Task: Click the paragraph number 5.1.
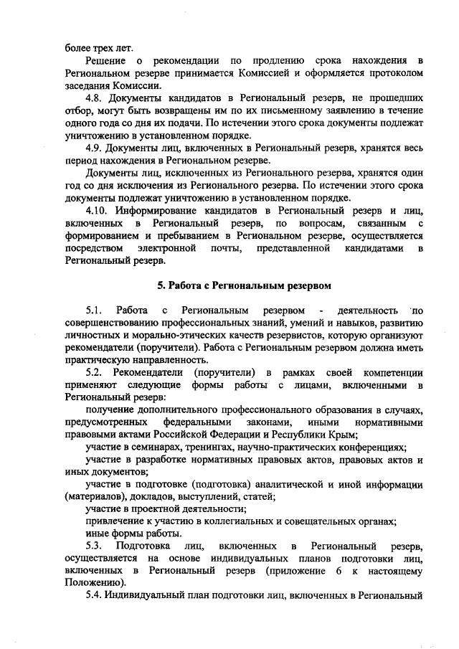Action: (x=95, y=311)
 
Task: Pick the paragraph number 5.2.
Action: (x=95, y=373)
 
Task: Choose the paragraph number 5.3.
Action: (x=95, y=547)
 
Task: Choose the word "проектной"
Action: (x=151, y=508)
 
